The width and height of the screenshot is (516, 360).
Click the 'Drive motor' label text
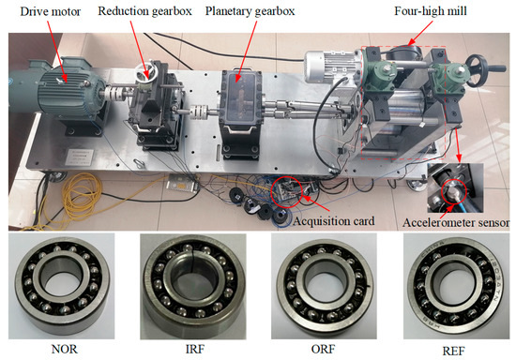(51, 12)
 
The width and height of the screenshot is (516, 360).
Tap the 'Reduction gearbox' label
(144, 11)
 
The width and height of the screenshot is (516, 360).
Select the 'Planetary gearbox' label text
(250, 11)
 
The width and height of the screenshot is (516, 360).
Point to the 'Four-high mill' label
(431, 11)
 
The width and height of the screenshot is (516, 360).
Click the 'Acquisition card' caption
(334, 221)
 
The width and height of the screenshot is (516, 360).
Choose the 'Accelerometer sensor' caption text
(456, 222)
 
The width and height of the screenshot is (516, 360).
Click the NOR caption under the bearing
(65, 349)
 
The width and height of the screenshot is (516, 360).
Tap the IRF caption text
(195, 349)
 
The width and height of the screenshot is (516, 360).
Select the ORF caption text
(323, 349)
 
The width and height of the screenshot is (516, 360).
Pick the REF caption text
(453, 352)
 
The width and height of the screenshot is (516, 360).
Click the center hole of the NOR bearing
(62, 287)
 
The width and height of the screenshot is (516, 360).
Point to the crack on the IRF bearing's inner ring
(191, 263)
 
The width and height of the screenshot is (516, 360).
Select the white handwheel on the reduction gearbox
(147, 72)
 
